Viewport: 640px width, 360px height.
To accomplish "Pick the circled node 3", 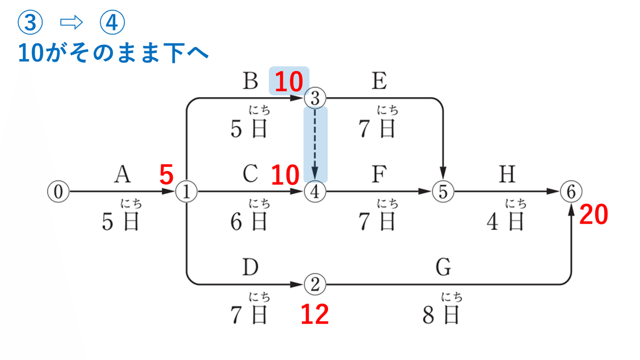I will pyautogui.click(x=315, y=98).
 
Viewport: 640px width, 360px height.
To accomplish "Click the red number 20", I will pyautogui.click(x=593, y=216).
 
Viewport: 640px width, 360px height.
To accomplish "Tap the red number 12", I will pyautogui.click(x=315, y=315).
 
